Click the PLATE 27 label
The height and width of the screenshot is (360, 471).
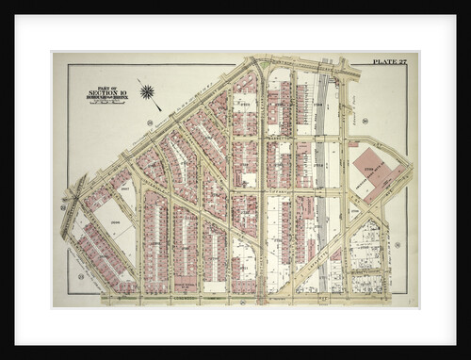(388, 61)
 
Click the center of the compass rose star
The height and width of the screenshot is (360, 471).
(147, 91)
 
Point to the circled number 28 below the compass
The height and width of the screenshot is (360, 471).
(149, 122)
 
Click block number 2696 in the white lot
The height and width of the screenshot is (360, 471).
(117, 222)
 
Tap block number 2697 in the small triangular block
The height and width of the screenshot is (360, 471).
(124, 188)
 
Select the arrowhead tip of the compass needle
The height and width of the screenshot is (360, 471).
(138, 79)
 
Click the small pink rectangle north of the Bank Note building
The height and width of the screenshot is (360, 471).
(353, 144)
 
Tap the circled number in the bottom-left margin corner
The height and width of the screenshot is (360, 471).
(81, 276)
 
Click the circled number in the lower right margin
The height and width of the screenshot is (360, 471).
(398, 245)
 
